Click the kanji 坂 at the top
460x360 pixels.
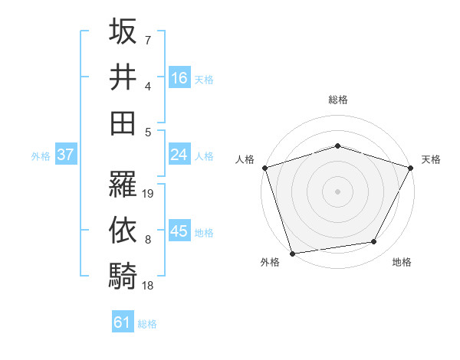point(123,32)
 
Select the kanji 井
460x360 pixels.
point(123,77)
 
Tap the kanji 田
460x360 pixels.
point(123,123)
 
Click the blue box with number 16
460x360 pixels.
point(179,78)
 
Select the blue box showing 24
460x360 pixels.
point(179,155)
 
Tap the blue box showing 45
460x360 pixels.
point(179,231)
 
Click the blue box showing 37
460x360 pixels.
point(65,155)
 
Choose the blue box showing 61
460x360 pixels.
point(123,322)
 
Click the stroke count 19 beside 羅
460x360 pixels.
point(149,193)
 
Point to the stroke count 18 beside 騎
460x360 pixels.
point(149,285)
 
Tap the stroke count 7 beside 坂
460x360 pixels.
point(148,39)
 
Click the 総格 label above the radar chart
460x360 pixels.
point(338,100)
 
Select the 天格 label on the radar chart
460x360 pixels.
point(431,159)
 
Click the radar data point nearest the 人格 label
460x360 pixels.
point(265,167)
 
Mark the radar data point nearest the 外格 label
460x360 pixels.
point(293,253)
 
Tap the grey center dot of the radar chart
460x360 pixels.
point(338,191)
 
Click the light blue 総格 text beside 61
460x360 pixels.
point(147,324)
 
